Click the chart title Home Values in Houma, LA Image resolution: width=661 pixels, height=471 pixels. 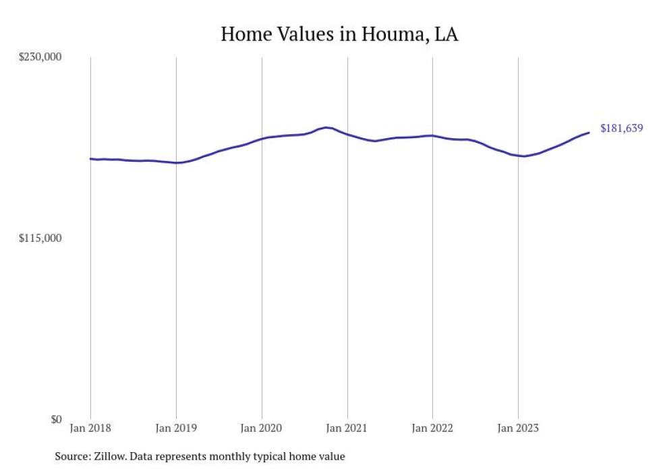point(339,34)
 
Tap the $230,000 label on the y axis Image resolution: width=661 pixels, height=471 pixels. point(40,57)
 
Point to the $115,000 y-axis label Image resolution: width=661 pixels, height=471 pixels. point(40,239)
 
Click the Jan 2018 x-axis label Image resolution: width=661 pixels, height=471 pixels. point(90,428)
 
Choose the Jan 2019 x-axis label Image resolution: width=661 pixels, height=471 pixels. point(176,428)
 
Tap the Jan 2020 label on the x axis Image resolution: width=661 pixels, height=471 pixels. point(262,428)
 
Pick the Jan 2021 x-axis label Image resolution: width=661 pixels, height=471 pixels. point(347,428)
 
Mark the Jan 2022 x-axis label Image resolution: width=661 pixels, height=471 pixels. point(432,428)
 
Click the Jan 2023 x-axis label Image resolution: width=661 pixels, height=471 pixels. point(518,428)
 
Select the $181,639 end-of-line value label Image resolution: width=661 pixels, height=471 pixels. point(621,129)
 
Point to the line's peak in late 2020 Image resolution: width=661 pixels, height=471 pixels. point(326,127)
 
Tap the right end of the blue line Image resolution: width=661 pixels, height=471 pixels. point(589,132)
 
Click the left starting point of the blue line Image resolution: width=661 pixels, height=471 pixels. point(90,159)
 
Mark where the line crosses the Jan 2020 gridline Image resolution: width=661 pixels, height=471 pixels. point(262,139)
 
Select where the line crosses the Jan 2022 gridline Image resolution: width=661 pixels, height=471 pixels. point(432,135)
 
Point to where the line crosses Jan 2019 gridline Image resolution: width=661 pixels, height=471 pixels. point(176,162)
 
